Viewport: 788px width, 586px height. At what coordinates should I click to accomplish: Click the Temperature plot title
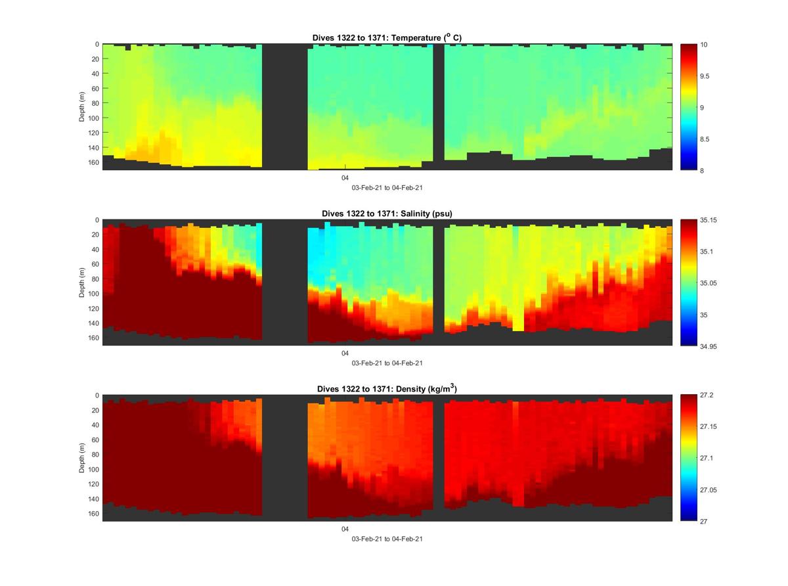coord(387,38)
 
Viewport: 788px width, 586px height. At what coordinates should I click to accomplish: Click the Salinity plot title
coord(387,214)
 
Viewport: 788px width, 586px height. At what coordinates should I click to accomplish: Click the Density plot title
coord(387,389)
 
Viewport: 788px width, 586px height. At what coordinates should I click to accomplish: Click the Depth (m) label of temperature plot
coord(82,107)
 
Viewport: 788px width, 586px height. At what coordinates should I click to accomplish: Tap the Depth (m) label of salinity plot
coord(82,282)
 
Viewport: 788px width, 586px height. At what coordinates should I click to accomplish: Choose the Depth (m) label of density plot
coord(82,458)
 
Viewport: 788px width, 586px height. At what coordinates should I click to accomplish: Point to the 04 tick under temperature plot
coord(345,178)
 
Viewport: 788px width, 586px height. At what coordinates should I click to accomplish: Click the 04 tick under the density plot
coord(345,529)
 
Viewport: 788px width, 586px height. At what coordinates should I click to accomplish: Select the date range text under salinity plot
coord(387,363)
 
